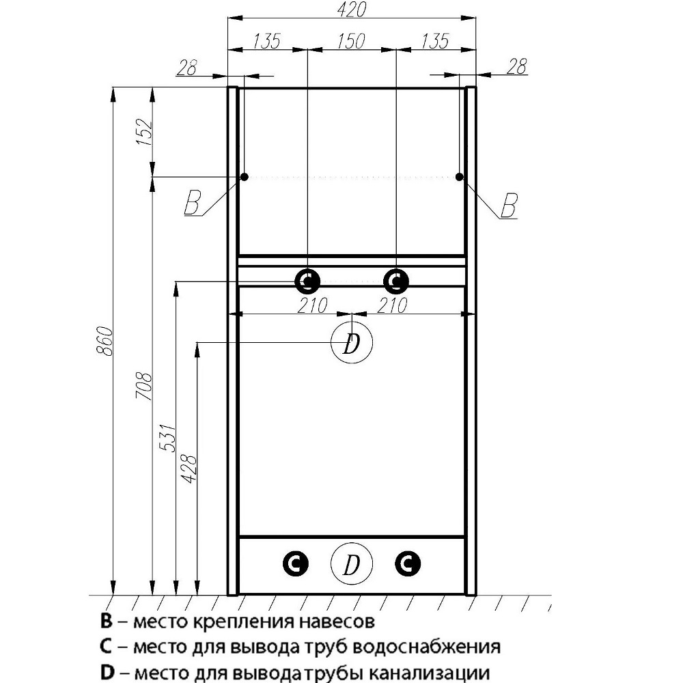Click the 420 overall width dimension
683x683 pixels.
click(x=352, y=10)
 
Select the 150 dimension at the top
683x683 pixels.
click(x=351, y=41)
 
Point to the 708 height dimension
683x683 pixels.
click(x=144, y=386)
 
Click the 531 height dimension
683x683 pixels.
click(x=169, y=437)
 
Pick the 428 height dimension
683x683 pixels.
click(x=191, y=469)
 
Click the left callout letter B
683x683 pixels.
click(x=193, y=204)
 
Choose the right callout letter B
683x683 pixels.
click(x=508, y=204)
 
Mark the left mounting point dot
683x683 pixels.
click(x=243, y=178)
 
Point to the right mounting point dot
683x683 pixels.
click(x=460, y=178)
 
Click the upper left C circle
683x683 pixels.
click(x=307, y=280)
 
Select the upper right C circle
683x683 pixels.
click(x=395, y=280)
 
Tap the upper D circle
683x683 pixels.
click(x=351, y=344)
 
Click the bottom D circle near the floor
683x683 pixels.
click(x=351, y=565)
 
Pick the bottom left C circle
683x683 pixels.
click(x=296, y=563)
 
